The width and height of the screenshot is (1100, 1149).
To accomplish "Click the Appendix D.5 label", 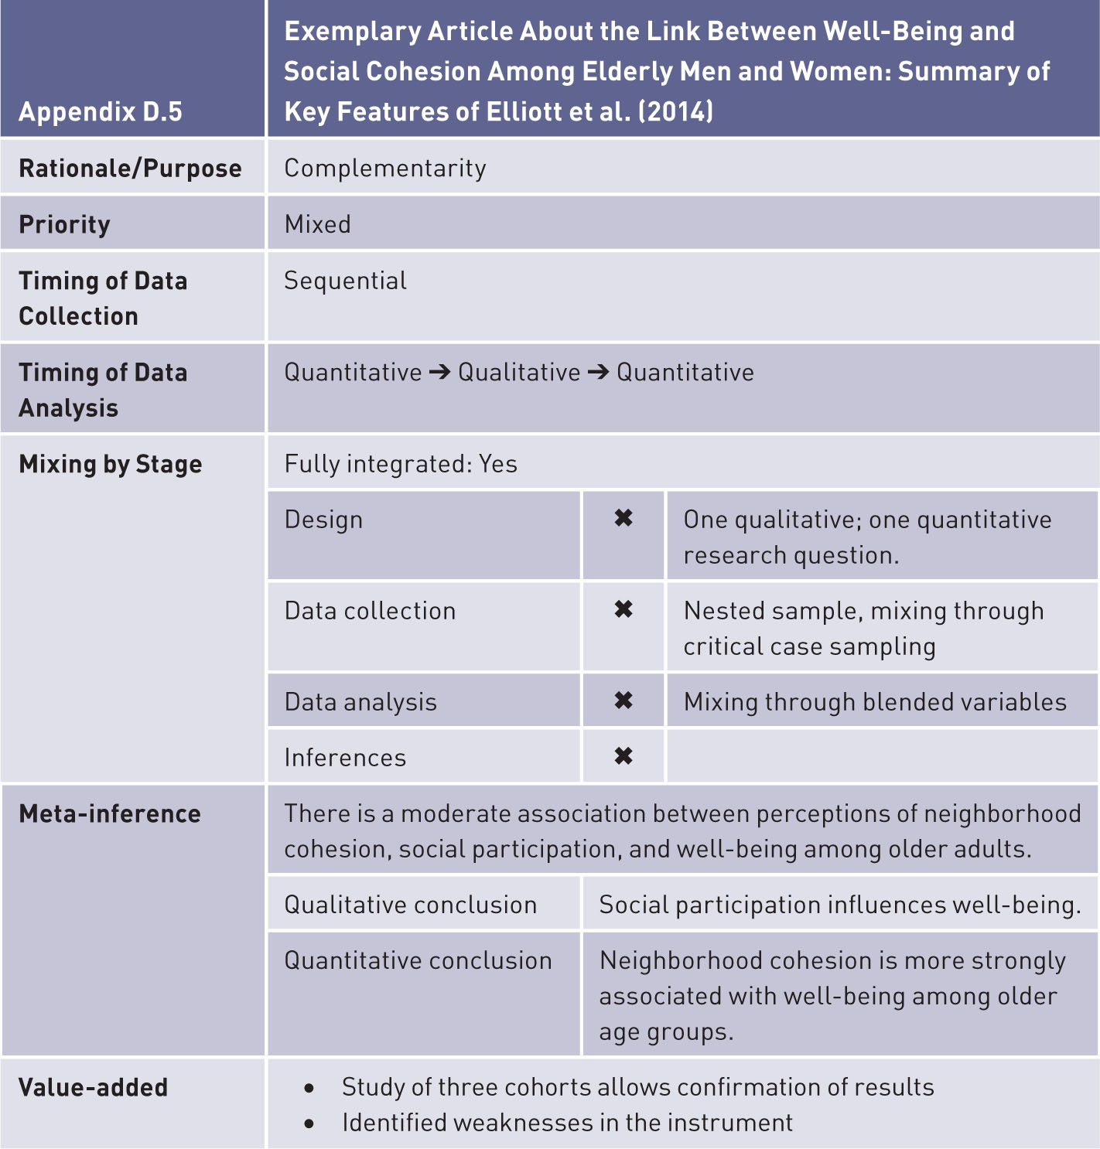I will pos(101,112).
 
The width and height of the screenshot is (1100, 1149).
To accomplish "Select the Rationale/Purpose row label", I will pos(130,169).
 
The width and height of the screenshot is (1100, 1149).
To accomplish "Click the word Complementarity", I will pos(385,169).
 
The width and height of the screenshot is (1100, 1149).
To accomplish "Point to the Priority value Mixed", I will pos(317,224).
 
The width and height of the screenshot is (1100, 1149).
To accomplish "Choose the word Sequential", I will pos(345,281).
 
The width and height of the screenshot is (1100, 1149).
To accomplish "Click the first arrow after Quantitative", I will pos(440,373).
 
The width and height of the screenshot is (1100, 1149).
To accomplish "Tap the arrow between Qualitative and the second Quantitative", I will pos(598,373).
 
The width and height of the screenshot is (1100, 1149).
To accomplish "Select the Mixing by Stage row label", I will pos(111,464).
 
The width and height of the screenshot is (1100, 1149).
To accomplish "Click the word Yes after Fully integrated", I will pos(498,464).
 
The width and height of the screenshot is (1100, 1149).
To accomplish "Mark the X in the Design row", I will pos(623,518).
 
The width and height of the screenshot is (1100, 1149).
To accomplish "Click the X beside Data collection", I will pos(623,609).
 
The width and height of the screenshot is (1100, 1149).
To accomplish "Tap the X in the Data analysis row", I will pos(623,701).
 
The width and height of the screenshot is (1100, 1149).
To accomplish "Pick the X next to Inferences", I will pos(623,756).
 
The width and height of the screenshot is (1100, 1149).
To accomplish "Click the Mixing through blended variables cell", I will pos(875,702).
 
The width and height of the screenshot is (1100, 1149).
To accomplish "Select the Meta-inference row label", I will pos(110,813).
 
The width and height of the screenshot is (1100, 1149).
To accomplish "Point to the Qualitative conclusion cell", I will pos(410,905).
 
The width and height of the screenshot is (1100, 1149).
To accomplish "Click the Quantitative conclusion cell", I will pos(418,960).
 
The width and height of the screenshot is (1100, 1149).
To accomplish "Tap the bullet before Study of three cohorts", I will pos(309,1088).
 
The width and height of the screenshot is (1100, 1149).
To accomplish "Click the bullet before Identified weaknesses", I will pos(309,1123).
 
